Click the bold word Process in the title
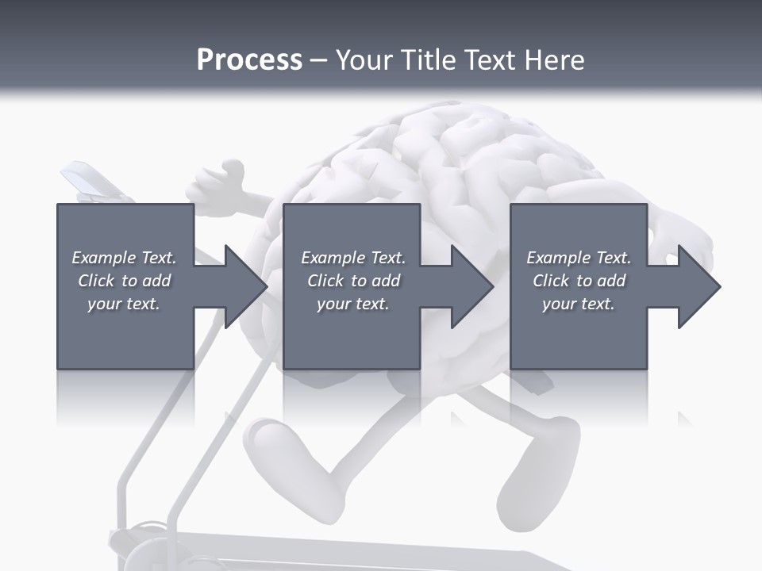[x=249, y=60]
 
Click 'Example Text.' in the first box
[x=125, y=258]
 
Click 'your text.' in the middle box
[x=353, y=304]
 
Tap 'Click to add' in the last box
[x=579, y=281]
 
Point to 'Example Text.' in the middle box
[x=353, y=258]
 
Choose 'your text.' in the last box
[x=579, y=304]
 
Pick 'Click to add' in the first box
[x=125, y=281]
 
